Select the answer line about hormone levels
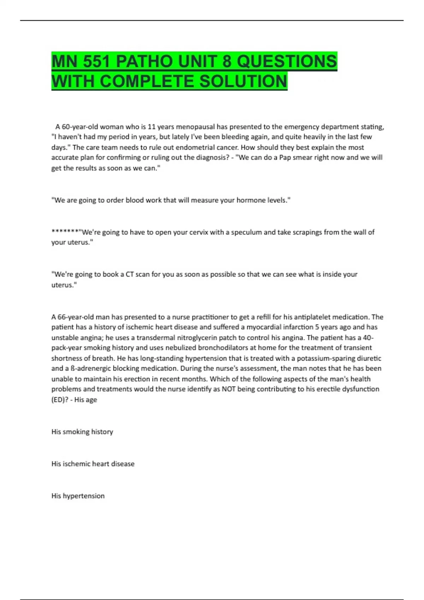click(171, 200)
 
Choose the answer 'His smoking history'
click(82, 432)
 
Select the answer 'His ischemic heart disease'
click(93, 464)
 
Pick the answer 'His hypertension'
click(78, 496)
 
